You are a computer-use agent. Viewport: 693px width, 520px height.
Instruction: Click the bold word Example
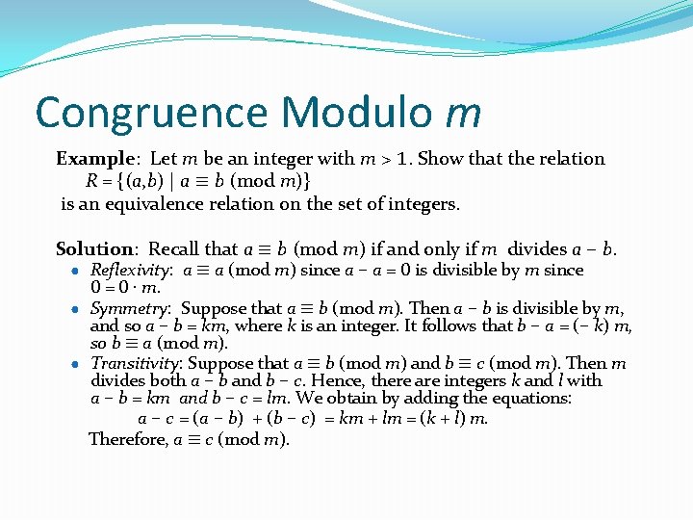tap(93, 159)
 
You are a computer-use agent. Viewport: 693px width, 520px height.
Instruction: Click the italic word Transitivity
tap(137, 363)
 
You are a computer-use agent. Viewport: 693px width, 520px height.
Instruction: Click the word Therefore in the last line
tap(127, 439)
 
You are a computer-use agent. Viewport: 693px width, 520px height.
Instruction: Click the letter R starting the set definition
tap(91, 181)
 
